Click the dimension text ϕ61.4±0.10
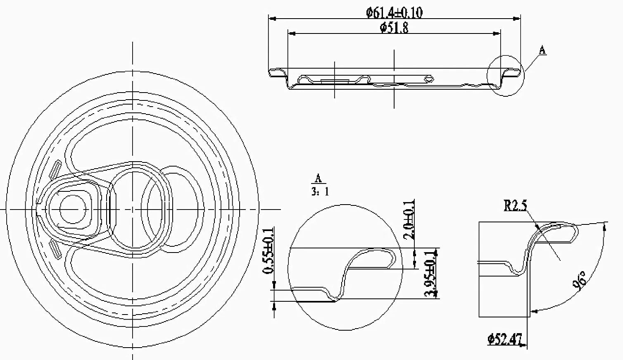tap(394, 12)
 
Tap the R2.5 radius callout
tap(515, 205)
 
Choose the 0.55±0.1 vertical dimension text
tap(269, 251)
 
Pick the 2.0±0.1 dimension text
tap(409, 220)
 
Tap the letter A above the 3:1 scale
tap(318, 179)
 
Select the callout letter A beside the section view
tap(542, 50)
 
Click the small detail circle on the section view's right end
tap(505, 76)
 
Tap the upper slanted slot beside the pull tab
tap(55, 168)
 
